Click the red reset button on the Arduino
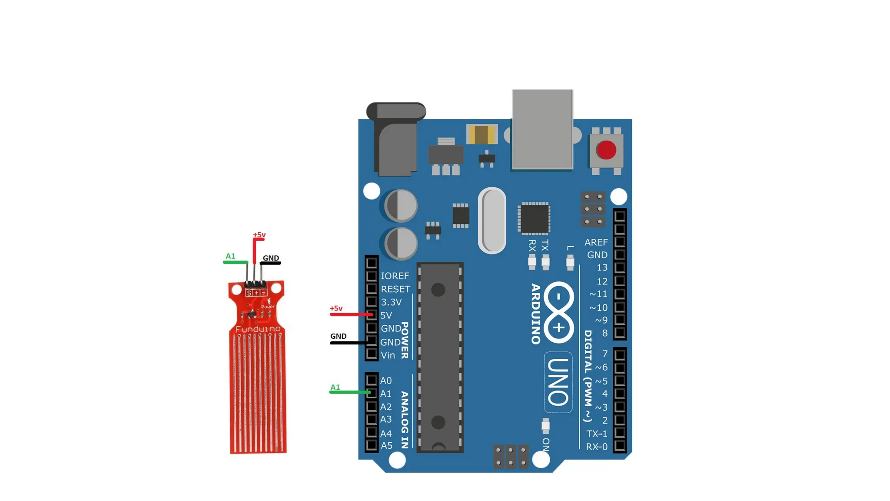click(x=606, y=150)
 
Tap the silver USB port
click(x=542, y=129)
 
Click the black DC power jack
click(x=396, y=139)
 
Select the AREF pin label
click(x=596, y=242)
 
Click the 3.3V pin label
click(x=391, y=302)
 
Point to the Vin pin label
click(x=388, y=355)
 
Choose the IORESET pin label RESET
click(x=395, y=289)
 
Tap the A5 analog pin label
click(x=386, y=446)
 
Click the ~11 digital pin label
click(x=598, y=294)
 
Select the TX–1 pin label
click(x=597, y=434)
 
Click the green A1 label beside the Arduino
click(x=335, y=387)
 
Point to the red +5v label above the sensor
click(x=259, y=235)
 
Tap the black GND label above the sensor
click(x=271, y=258)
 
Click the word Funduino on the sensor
click(x=258, y=329)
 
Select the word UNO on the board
click(x=558, y=382)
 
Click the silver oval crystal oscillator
click(x=492, y=220)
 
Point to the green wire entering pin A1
click(x=350, y=392)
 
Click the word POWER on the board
click(x=405, y=340)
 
